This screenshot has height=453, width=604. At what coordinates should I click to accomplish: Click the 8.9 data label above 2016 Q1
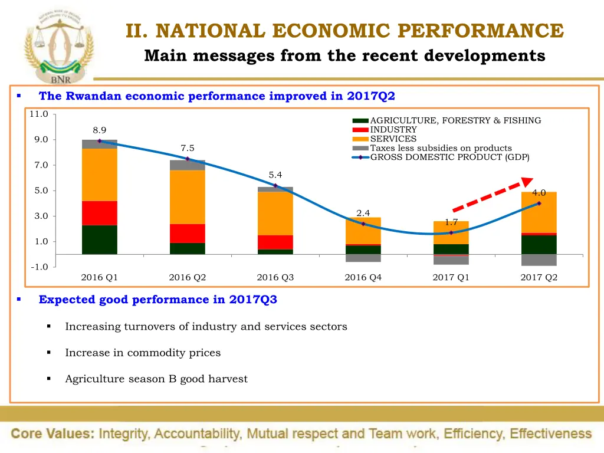tap(99, 130)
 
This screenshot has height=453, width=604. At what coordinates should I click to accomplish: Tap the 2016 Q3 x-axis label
tap(275, 277)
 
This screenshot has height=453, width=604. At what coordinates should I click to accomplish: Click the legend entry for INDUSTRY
tap(393, 130)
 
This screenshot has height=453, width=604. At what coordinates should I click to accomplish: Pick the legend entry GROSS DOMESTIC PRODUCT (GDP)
tap(449, 157)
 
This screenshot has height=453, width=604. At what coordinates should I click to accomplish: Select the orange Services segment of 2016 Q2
tap(187, 197)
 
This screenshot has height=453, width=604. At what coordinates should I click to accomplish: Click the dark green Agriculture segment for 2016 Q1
tap(99, 239)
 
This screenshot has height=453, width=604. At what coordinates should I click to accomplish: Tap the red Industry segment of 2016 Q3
tap(275, 242)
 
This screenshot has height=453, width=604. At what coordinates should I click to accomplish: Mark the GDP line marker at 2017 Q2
tap(539, 203)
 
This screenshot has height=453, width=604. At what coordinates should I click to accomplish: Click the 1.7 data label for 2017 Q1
tap(451, 222)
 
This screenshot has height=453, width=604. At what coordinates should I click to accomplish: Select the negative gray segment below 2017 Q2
tap(539, 260)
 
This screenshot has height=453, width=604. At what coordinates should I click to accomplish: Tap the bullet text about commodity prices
tap(143, 353)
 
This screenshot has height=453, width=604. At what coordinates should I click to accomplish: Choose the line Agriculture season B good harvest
tap(156, 379)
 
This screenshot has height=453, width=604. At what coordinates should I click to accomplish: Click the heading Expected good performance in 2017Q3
tap(157, 300)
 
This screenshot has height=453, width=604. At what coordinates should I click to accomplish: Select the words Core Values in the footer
tap(52, 434)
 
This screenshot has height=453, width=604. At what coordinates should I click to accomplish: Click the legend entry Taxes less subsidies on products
tap(441, 148)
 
